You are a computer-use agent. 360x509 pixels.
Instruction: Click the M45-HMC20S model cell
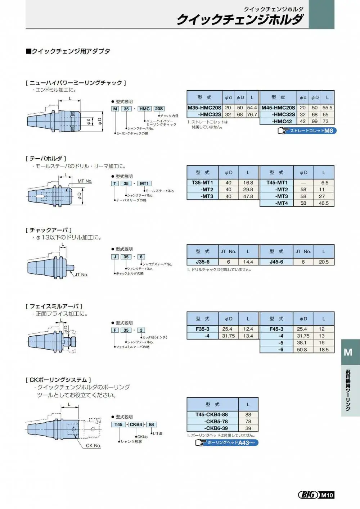278,108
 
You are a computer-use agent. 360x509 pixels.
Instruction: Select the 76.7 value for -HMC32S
252,114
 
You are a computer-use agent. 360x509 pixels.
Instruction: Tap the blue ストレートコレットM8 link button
307,131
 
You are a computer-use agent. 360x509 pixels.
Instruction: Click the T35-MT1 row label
202,183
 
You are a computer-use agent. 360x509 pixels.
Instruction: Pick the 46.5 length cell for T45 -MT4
324,203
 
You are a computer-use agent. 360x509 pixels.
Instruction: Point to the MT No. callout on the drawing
85,181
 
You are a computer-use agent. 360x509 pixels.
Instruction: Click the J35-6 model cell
203,262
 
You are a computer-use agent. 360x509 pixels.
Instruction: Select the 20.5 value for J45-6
324,262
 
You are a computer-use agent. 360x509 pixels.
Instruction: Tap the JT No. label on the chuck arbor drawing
81,274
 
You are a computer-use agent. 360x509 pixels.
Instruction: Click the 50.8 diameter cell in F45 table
303,350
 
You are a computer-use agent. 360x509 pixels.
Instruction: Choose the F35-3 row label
202,329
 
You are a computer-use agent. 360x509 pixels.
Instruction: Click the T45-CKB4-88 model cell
211,414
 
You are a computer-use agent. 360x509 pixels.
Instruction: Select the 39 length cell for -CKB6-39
248,428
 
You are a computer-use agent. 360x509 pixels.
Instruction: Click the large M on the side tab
348,352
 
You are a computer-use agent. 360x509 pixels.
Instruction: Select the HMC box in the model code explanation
145,109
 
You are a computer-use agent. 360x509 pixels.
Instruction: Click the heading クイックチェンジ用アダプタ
68,51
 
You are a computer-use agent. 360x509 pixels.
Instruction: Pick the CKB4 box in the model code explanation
136,424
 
